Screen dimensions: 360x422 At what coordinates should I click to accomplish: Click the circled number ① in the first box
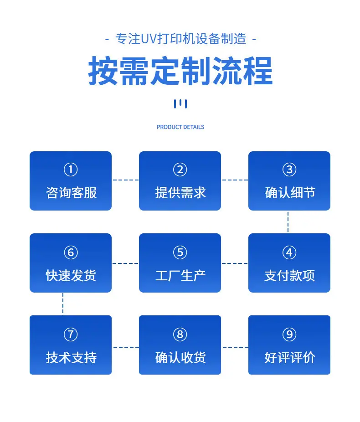pos(71,170)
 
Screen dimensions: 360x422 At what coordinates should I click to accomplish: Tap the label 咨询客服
pos(71,193)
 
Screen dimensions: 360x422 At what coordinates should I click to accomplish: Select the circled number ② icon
pos(180,170)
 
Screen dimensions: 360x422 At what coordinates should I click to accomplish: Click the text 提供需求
pos(180,193)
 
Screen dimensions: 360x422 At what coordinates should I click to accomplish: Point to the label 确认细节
pos(290,193)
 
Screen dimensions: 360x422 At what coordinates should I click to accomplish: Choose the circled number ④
pos(289,252)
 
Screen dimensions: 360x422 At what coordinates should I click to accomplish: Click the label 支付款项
pos(289,276)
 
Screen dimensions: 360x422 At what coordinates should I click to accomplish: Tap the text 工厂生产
pos(180,276)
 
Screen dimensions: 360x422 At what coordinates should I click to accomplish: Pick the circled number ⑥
pos(71,252)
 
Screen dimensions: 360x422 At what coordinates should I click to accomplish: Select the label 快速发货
pos(71,276)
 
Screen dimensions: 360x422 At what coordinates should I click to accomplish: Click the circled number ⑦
pos(71,335)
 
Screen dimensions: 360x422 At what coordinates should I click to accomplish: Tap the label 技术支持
pos(71,358)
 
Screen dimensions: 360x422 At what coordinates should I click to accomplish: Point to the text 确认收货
pos(180,358)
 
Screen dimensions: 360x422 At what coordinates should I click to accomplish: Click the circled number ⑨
pos(289,335)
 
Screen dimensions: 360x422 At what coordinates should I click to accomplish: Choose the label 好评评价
pos(290,358)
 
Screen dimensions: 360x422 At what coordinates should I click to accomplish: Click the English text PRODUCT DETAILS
pos(180,127)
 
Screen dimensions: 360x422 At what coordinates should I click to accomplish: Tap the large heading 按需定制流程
pos(180,71)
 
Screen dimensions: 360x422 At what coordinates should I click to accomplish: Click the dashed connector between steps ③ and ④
pos(288,222)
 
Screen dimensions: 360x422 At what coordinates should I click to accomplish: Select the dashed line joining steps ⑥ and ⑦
pos(63,304)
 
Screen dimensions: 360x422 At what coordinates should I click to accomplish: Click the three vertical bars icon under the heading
pos(180,103)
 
